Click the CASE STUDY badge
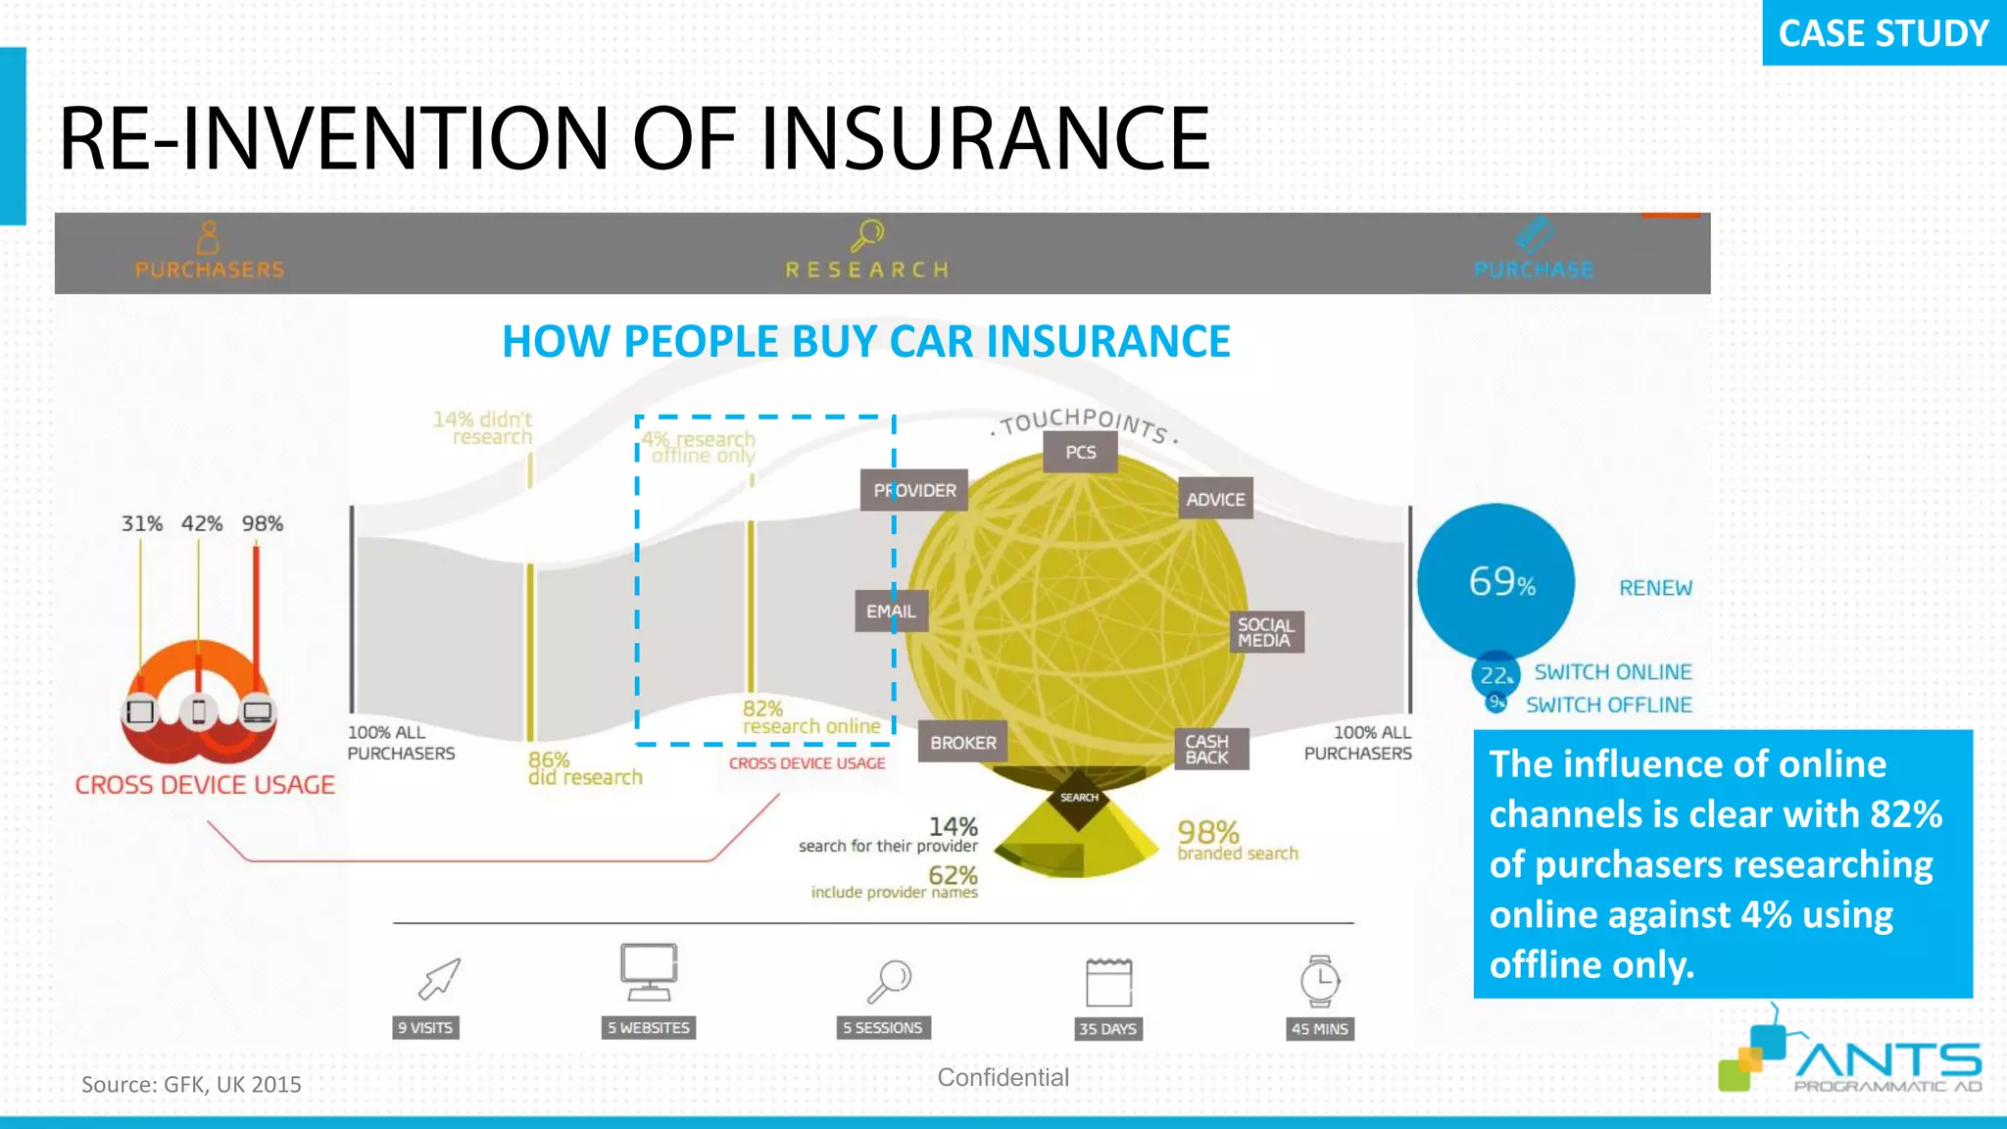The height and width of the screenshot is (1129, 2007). pos(1883,33)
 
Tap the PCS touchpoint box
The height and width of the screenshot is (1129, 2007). pos(1080,453)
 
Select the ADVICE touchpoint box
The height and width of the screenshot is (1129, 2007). pos(1215,499)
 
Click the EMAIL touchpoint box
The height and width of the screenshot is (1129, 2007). pos(890,612)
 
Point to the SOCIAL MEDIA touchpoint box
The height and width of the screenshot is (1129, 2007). pos(1266,632)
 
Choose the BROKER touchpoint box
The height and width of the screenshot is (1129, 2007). pos(962,743)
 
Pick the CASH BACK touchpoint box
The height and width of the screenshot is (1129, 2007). pos(1209,749)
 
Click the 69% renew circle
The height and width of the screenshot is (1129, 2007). pos(1496,582)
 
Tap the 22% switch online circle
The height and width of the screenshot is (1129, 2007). pos(1495,675)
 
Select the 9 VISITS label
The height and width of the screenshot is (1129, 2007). pos(425,1027)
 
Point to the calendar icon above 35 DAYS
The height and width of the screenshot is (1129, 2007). pos(1108,982)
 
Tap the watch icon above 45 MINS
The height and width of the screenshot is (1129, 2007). pos(1320,980)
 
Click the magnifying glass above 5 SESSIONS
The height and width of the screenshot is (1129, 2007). pos(890,980)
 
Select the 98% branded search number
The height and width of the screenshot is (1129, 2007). pos(1208,833)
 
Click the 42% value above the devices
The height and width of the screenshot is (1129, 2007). pos(202,523)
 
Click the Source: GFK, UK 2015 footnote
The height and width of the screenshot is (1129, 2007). pos(191,1084)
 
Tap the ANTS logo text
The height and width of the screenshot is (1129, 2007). pos(1887,1060)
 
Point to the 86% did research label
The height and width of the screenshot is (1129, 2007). pos(584,768)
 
